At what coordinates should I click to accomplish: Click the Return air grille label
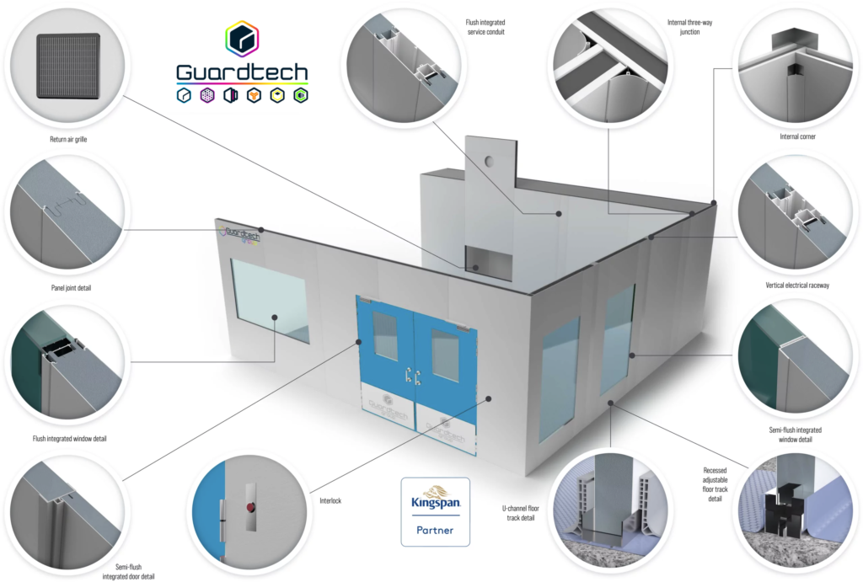[x=68, y=139]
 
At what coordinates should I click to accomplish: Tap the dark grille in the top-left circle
[x=68, y=66]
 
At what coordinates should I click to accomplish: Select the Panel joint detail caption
[x=71, y=288]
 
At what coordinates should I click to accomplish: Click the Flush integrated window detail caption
[x=69, y=439]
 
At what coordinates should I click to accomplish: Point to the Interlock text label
[x=330, y=500]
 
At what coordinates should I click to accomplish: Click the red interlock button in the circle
[x=251, y=507]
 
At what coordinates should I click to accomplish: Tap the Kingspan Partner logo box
[x=436, y=511]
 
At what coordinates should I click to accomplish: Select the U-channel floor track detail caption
[x=520, y=513]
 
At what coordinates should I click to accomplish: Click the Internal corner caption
[x=797, y=136]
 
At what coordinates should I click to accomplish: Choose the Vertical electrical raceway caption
[x=797, y=285]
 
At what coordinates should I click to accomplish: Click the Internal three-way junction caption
[x=689, y=27]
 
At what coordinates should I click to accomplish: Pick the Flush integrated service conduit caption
[x=485, y=27]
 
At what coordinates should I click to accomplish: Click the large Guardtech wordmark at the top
[x=242, y=72]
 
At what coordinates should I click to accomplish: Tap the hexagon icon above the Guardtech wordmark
[x=242, y=39]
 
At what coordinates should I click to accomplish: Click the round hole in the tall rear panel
[x=489, y=162]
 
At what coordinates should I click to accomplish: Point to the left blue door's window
[x=384, y=335]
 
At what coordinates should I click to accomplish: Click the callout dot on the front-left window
[x=274, y=318]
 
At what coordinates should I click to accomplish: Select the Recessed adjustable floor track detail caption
[x=715, y=484]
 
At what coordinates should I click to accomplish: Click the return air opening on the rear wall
[x=489, y=263]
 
